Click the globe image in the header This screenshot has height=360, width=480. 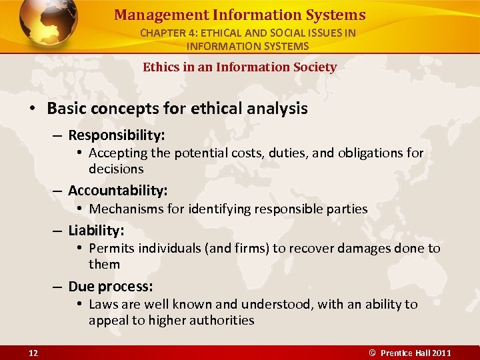tap(47, 24)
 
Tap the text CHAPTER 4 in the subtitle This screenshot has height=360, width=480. tap(167, 33)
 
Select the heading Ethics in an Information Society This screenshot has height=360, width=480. tap(239, 67)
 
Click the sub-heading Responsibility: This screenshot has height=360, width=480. tap(116, 135)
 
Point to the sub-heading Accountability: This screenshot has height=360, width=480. tap(117, 190)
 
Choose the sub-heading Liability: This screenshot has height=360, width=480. tap(96, 230)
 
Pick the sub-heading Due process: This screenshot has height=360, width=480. tap(111, 286)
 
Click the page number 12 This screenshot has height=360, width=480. tap(33, 352)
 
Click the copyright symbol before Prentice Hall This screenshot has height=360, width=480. tap(373, 352)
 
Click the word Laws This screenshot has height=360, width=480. tap(103, 305)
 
